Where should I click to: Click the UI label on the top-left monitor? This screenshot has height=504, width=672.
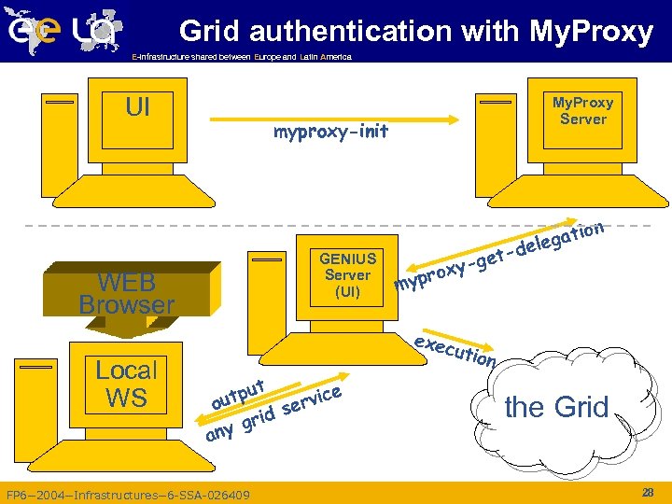coord(137,107)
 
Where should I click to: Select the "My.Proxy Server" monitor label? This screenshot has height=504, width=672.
coord(582,110)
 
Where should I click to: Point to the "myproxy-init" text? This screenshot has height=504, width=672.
coord(330,133)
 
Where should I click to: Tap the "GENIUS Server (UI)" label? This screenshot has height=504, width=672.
coord(347,274)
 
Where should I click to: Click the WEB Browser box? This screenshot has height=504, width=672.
coord(126,293)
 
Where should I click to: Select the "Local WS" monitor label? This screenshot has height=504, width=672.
coord(126,383)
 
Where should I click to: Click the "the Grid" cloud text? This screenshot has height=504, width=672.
coord(556,407)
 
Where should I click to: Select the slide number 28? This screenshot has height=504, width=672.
coord(648,491)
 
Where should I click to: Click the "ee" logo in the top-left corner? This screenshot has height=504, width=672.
coord(35,31)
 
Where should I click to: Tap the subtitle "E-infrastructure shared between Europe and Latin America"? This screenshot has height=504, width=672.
coord(242,57)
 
